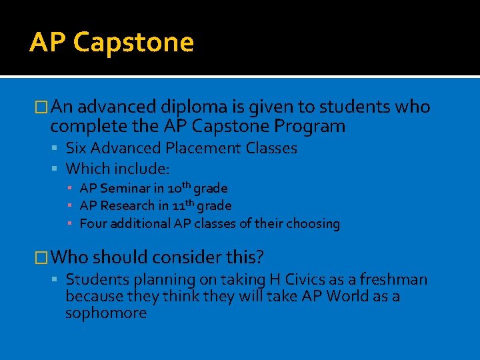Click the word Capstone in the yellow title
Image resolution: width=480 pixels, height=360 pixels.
133,43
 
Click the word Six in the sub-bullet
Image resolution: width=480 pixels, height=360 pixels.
77,149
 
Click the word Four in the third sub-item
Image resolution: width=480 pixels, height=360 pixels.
93,224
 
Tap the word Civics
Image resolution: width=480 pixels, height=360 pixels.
289,280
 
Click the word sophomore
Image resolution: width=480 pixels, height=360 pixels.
105,313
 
